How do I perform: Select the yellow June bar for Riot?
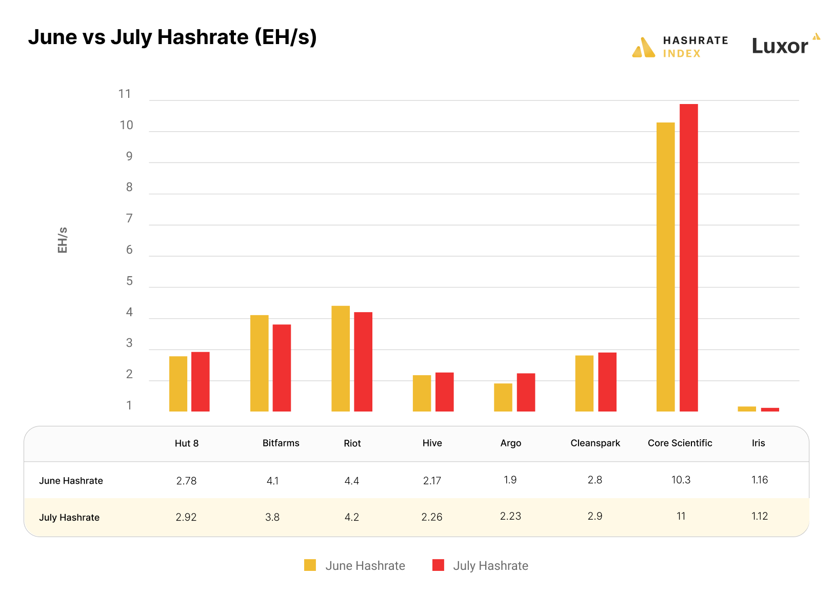point(341,359)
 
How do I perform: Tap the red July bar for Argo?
point(526,392)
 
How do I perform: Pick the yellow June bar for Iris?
point(747,409)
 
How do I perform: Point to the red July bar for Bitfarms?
point(282,368)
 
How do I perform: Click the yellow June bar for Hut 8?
point(178,384)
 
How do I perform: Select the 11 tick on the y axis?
point(125,94)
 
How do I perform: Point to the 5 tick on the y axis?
point(129,281)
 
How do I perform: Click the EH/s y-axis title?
point(63,240)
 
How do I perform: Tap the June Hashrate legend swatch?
point(310,565)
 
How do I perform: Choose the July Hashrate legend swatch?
point(438,565)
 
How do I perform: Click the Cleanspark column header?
point(595,443)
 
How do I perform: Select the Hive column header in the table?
point(432,443)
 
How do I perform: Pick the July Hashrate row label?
point(69,518)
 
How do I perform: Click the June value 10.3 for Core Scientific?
point(681,480)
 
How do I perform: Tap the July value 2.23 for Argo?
point(510,517)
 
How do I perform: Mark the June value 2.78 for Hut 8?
point(186,481)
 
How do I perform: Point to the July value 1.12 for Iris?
point(759,517)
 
